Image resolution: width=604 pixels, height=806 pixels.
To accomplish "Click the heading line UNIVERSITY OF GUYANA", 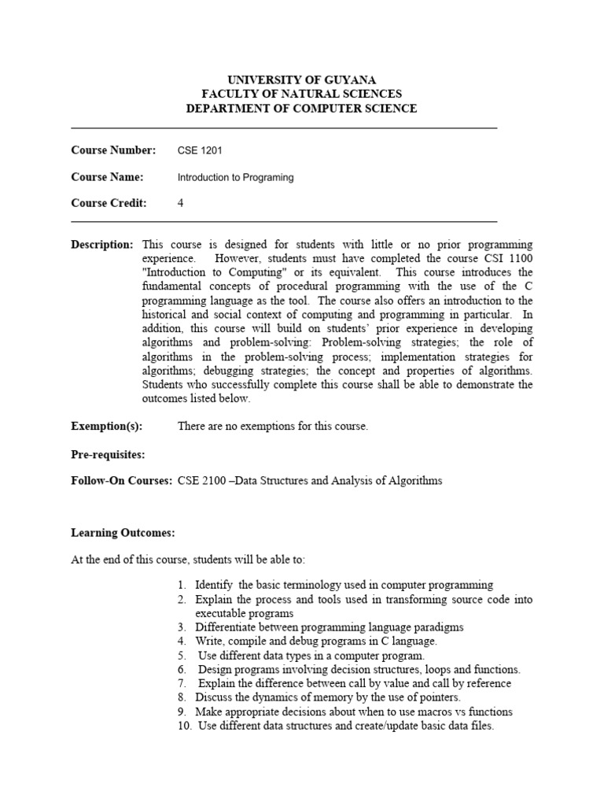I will [302, 79].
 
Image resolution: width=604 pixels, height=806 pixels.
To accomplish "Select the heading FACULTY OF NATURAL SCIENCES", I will [302, 94].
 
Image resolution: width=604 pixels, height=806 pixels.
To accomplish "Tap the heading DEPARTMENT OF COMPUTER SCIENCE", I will [302, 109].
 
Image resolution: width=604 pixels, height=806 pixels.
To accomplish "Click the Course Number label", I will [113, 150].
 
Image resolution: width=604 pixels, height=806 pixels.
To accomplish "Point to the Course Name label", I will [107, 177].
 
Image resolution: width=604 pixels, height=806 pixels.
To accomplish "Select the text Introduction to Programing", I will [236, 178].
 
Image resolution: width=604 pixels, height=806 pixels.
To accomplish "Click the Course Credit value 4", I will [181, 203].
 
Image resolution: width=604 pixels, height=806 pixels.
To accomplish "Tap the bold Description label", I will [102, 245].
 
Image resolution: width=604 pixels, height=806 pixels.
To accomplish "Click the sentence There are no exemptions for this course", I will [273, 427].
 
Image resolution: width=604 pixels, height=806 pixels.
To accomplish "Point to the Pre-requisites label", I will [108, 454].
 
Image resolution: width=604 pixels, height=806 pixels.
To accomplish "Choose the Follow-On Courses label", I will [121, 480].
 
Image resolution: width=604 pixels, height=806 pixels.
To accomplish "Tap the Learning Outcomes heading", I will [122, 533].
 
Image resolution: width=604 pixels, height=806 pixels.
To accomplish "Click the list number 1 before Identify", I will [181, 585].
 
